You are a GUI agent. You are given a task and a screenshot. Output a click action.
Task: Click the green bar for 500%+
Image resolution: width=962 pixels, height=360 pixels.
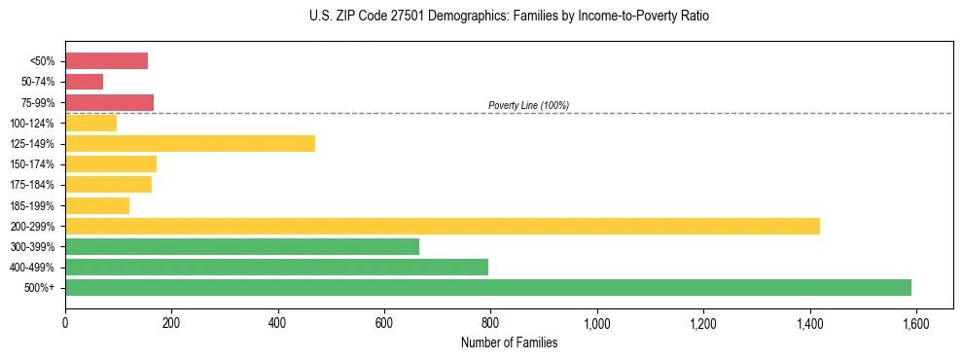488,287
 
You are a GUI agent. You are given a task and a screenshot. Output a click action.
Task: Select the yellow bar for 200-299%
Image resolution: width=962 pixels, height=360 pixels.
443,226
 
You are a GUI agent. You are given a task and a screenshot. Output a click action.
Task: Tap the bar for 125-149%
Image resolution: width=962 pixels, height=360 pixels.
190,143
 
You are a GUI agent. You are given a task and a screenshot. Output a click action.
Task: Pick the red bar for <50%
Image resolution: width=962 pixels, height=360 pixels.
107,61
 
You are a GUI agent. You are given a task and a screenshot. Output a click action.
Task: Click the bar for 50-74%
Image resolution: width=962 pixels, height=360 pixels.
85,82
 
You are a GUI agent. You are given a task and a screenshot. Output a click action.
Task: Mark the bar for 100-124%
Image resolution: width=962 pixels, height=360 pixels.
91,123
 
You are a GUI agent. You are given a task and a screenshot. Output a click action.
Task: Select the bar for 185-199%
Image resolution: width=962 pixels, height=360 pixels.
97,205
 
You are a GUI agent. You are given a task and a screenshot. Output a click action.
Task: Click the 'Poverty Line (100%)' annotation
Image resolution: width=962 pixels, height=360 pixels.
528,105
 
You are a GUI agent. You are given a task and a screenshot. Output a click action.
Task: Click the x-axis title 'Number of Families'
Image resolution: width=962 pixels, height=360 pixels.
509,342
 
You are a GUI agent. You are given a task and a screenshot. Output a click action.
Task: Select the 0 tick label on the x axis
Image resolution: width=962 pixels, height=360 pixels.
65,322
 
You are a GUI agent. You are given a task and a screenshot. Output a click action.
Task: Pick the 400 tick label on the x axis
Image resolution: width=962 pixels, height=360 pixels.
278,322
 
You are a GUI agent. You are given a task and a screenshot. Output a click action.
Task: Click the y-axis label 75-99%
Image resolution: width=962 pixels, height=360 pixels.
38,103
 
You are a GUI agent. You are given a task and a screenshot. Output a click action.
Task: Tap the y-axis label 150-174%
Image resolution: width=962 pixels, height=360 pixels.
33,164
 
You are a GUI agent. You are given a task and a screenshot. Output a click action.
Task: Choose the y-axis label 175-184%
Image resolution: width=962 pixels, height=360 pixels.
33,185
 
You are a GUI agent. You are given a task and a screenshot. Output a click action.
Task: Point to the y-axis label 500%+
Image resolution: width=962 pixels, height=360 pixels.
40,288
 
